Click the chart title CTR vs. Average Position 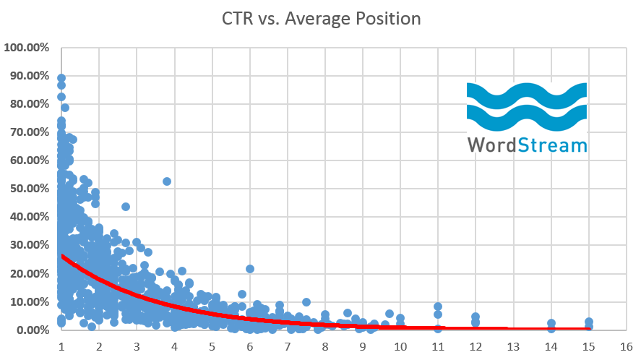(320, 18)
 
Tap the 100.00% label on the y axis (26, 48)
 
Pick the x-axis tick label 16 (626, 346)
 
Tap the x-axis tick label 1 (61, 346)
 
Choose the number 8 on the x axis (325, 346)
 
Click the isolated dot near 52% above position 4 (167, 181)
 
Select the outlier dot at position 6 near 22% (250, 269)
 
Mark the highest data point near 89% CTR (61, 78)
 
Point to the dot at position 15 (589, 322)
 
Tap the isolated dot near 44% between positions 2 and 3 (126, 207)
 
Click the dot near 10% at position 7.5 (306, 302)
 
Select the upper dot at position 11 (438, 307)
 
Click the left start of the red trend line (64, 256)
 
